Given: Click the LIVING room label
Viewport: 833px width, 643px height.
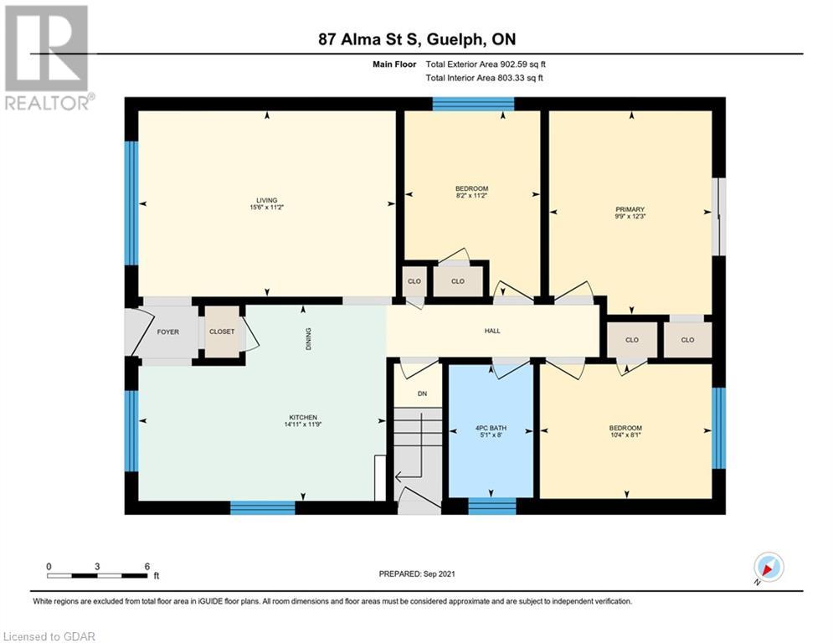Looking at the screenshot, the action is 267,200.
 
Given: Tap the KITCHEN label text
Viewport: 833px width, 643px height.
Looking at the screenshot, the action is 303,418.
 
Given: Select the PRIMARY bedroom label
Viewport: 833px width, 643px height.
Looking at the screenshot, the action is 630,209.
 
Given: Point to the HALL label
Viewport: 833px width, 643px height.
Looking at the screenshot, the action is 492,331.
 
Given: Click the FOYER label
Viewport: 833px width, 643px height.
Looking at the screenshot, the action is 168,332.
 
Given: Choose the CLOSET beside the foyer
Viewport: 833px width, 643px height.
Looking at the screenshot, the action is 222,332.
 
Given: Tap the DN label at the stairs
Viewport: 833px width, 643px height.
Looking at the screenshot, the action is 422,394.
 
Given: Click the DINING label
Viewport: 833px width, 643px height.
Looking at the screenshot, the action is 309,338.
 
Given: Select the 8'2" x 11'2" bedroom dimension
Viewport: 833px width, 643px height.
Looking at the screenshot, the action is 471,196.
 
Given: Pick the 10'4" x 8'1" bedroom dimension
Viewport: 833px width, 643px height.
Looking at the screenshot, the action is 625,435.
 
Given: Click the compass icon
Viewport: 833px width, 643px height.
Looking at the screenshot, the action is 769,567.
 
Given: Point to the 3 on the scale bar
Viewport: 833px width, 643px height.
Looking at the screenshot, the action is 97,567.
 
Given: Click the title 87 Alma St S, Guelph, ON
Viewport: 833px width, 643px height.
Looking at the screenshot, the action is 417,39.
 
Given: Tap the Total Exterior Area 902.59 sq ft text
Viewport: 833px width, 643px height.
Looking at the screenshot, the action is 486,64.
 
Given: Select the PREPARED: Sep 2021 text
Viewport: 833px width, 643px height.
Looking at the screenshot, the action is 417,574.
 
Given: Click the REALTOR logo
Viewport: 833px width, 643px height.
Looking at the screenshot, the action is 49,58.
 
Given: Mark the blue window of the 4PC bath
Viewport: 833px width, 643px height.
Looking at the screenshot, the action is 492,507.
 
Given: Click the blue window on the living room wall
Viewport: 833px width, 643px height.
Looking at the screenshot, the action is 131,203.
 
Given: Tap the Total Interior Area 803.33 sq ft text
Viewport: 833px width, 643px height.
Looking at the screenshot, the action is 485,78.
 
